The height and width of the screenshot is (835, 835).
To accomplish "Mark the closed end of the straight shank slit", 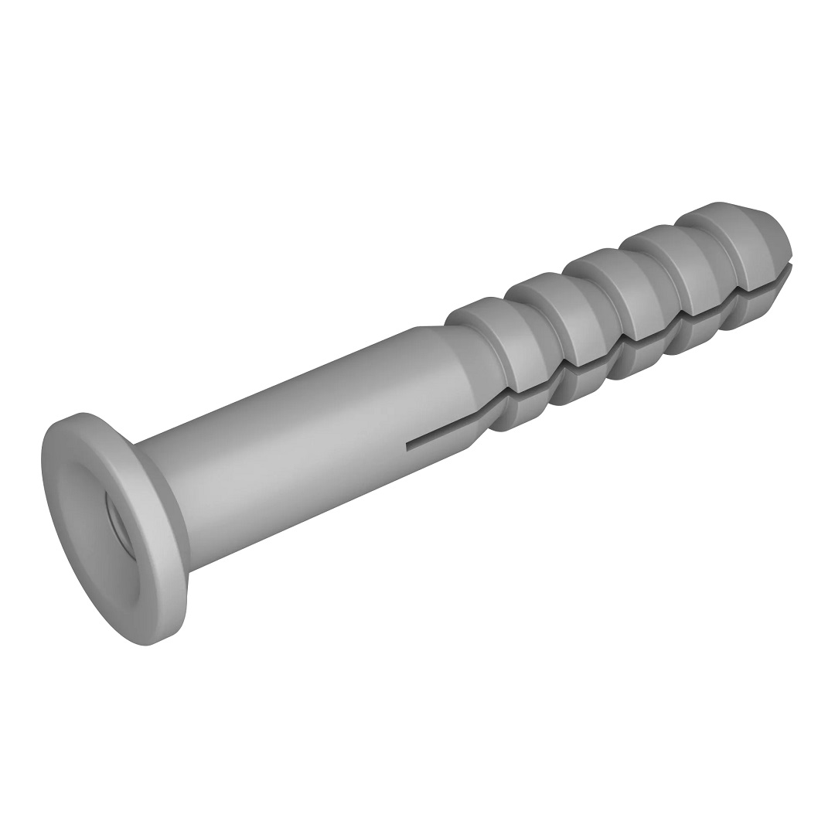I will click(408, 446).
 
